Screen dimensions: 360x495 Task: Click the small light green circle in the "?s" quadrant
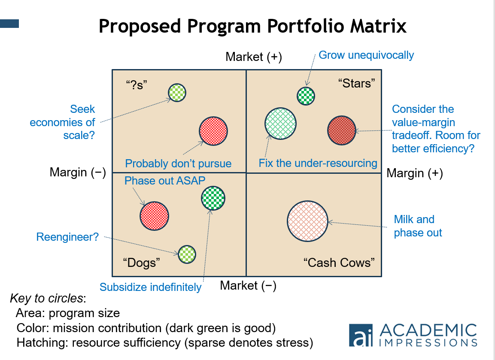(177, 92)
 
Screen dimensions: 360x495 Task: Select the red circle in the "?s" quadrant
(213, 131)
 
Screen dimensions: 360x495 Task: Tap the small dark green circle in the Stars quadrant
(306, 96)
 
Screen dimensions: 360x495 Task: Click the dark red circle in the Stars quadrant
(342, 130)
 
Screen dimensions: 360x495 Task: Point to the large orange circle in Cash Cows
(307, 221)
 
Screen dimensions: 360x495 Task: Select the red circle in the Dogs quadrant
(154, 216)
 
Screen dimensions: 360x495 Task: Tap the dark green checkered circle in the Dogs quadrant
(213, 198)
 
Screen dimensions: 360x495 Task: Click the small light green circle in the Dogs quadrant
(187, 254)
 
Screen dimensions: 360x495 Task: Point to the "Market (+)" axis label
(254, 57)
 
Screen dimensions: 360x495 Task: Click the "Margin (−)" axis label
(78, 172)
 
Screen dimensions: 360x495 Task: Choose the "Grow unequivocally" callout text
(366, 55)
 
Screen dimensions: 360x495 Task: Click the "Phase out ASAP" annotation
(165, 181)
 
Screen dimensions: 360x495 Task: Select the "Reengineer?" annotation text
(67, 237)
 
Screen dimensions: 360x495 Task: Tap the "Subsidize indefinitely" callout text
(150, 287)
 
